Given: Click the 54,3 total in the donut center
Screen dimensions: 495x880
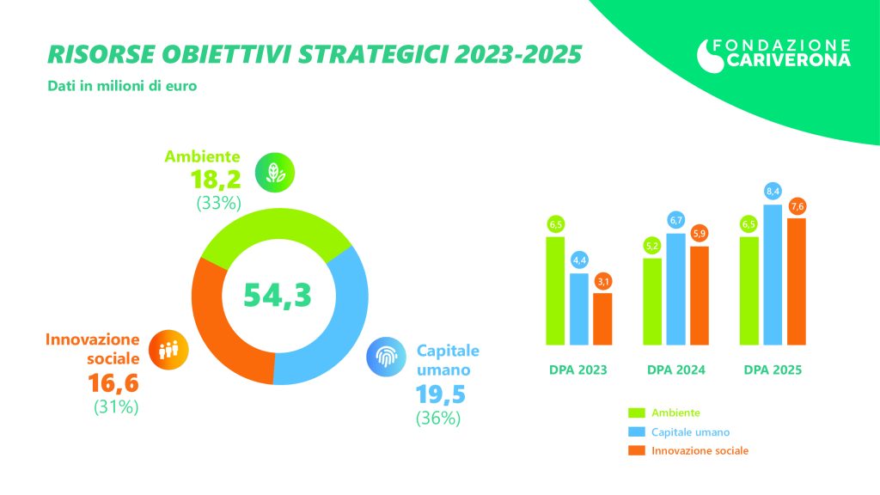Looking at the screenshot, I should pos(277,294).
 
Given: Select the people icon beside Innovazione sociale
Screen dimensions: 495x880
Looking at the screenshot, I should pos(168,348).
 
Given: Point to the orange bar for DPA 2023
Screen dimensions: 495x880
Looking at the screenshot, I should pos(603,317).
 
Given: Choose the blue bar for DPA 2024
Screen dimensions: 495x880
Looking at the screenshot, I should pos(675,287).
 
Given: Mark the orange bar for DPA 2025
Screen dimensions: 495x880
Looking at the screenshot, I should pos(797,279).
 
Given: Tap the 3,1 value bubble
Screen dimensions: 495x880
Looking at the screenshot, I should pos(603,280).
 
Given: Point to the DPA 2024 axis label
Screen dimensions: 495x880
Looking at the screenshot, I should pos(676,370).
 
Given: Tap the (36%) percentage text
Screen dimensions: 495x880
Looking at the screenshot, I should pos(438,419).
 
